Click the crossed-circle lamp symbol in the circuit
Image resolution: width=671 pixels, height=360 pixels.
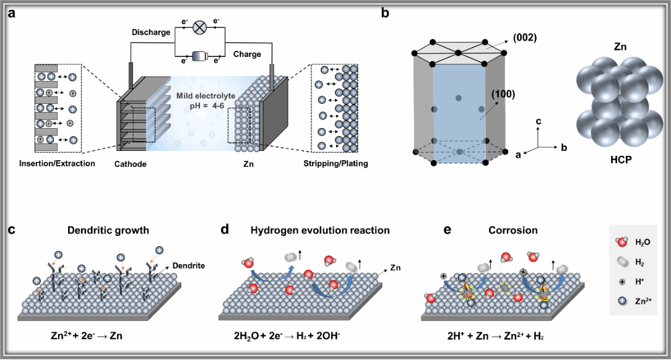coord(200,27)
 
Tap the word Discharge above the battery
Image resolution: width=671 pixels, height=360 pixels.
coord(150,32)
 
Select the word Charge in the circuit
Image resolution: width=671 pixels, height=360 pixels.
coord(247,54)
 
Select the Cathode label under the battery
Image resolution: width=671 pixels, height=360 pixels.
coord(131,164)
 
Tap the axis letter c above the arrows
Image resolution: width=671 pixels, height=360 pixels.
coord(539,122)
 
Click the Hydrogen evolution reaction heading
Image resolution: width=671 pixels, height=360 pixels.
coord(320,230)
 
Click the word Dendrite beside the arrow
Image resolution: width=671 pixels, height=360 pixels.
coord(190,265)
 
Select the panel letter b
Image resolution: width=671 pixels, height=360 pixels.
coord(385,12)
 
